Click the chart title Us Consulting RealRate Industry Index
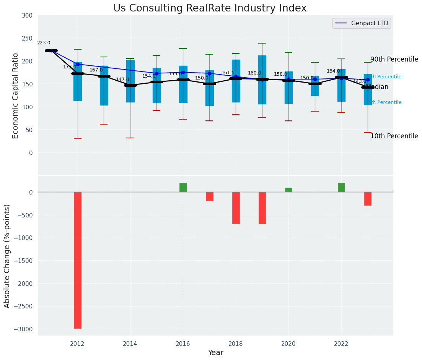(x=210, y=8)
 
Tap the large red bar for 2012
(x=78, y=260)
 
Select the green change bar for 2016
(x=183, y=188)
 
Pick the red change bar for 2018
(x=236, y=208)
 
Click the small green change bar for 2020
(x=288, y=190)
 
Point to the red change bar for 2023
(x=368, y=199)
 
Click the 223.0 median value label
(x=44, y=43)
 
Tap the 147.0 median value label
(x=122, y=80)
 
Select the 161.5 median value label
(x=228, y=73)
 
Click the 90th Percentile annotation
(x=394, y=60)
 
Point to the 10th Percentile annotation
(x=394, y=136)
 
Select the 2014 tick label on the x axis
(x=130, y=344)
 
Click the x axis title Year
(x=215, y=353)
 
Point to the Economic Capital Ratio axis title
(x=16, y=96)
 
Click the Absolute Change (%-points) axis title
(x=7, y=256)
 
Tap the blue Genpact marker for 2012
(x=78, y=64)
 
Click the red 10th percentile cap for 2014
(x=130, y=138)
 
